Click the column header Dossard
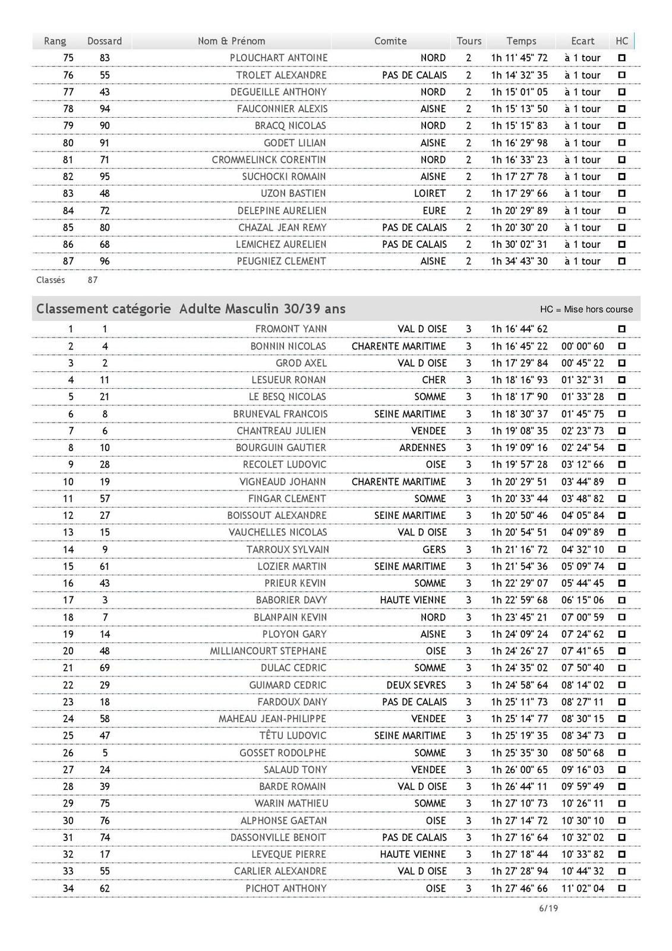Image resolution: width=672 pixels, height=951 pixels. click(105, 41)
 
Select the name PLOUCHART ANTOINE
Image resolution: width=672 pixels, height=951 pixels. click(279, 58)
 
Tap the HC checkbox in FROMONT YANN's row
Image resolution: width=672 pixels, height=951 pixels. click(622, 329)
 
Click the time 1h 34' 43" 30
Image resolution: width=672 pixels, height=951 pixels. click(519, 261)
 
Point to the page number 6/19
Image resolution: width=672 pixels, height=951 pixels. click(548, 908)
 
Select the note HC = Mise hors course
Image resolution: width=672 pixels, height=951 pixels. click(586, 309)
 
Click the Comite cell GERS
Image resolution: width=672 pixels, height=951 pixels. click(434, 549)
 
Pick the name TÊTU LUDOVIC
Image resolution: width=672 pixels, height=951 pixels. click(293, 735)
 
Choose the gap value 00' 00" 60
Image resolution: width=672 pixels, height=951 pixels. click(582, 346)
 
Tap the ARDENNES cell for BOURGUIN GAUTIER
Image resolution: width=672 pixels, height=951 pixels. click(423, 448)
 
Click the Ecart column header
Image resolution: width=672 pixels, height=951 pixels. click(582, 41)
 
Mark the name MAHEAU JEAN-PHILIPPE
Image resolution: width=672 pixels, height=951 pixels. click(272, 719)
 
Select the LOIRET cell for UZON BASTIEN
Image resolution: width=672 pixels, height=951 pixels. click(430, 193)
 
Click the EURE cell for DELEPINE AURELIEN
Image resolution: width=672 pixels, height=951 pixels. click(434, 210)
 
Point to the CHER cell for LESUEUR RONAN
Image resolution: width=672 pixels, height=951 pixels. click(434, 380)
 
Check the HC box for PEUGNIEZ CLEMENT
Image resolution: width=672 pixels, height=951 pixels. click(622, 261)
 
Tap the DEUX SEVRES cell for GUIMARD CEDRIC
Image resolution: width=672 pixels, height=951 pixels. click(416, 685)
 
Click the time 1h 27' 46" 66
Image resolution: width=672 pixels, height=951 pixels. click(519, 888)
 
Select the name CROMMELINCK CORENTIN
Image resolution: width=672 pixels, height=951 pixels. click(269, 159)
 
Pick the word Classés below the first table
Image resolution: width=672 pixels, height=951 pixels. click(51, 280)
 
